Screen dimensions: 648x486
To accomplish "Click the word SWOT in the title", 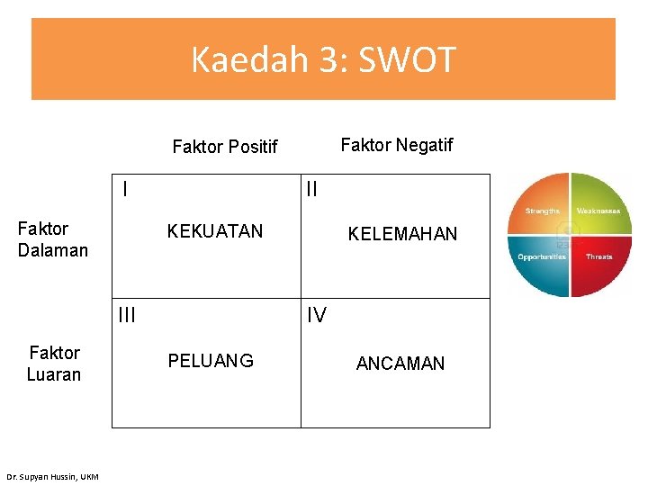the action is coord(408,61).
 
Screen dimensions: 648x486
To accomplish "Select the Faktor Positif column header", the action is coord(225,147).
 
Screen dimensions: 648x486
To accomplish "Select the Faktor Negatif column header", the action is coord(397,145).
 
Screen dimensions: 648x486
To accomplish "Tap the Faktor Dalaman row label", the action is coord(53,239).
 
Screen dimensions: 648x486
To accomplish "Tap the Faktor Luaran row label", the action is coord(54,364).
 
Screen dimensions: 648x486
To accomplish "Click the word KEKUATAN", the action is coord(215,231).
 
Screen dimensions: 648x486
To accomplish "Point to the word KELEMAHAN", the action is coord(402,234).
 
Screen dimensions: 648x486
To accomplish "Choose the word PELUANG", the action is coord(211,361).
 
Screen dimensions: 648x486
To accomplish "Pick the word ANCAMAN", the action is coord(400,364).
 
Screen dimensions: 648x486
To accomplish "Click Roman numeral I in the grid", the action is coord(124,189).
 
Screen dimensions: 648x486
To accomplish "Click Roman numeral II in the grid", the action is coord(312,190).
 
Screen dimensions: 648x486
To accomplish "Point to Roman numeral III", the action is coord(127,314).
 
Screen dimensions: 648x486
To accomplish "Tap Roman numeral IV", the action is coord(316,314).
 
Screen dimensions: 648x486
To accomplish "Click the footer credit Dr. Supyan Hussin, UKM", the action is coord(52,476).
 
